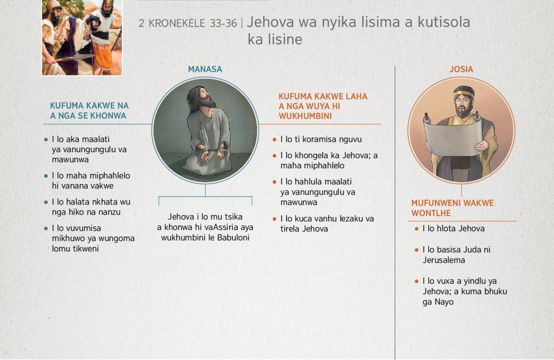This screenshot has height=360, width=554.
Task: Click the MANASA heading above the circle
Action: (x=205, y=69)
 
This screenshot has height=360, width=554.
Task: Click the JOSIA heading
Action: (x=461, y=69)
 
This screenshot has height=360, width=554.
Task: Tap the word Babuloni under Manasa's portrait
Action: (x=233, y=238)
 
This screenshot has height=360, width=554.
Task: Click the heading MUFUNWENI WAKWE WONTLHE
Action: (x=452, y=208)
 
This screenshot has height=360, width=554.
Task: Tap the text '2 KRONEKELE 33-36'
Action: (x=188, y=24)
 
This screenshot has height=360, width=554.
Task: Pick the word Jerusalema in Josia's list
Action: (x=444, y=260)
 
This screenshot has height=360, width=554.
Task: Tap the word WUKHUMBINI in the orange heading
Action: (x=305, y=116)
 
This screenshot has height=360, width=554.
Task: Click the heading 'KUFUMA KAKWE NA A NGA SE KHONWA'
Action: (x=89, y=110)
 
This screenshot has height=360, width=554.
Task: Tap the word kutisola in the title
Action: (x=444, y=22)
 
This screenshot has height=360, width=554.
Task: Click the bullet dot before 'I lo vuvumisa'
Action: (x=46, y=228)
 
